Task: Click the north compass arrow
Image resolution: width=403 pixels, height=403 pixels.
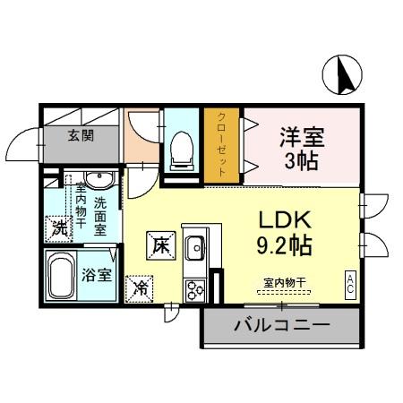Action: (x=343, y=74)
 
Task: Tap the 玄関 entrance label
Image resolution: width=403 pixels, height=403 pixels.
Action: (x=79, y=136)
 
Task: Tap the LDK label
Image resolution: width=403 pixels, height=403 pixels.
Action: (x=284, y=219)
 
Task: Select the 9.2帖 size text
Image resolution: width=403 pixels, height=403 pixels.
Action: (x=284, y=244)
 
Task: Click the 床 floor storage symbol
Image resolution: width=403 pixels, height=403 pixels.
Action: (x=161, y=243)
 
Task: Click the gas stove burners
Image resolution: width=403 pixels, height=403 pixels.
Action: (x=194, y=288)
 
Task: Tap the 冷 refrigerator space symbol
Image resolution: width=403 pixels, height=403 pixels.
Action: (x=141, y=287)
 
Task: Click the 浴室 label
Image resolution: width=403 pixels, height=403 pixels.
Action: (x=99, y=275)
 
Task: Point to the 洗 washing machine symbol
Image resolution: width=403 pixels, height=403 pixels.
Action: (x=59, y=227)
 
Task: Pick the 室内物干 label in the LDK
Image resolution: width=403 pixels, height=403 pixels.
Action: (x=284, y=283)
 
